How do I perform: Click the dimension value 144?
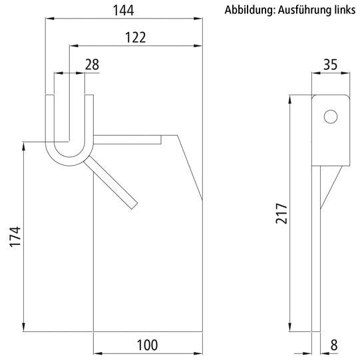point(124,9)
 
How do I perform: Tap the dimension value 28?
point(92,64)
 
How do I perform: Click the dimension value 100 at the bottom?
point(147,345)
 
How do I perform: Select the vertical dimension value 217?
point(281,214)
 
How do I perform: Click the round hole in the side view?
point(329,117)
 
